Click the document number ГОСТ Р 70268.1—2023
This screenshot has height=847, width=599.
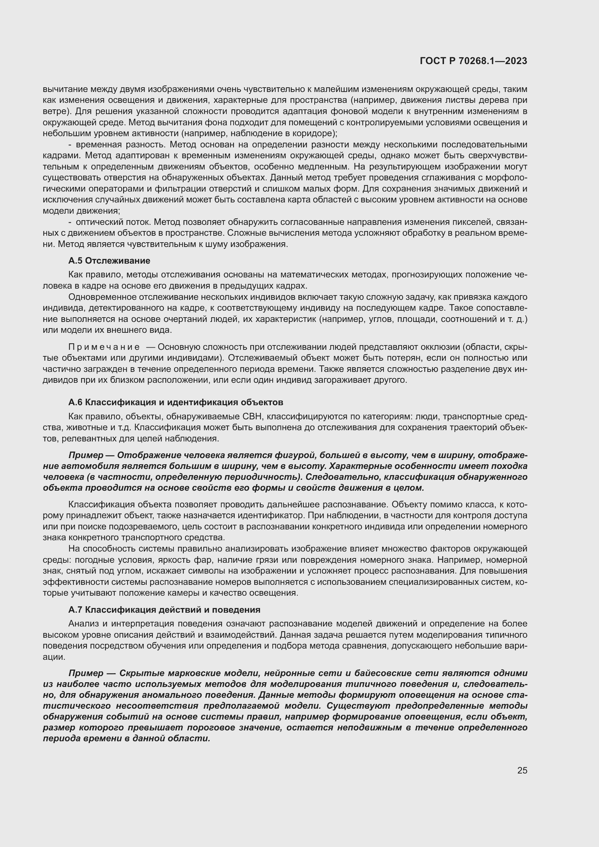[473, 61]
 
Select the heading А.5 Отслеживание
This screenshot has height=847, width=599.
[109, 261]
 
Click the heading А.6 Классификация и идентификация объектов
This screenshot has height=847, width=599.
[176, 402]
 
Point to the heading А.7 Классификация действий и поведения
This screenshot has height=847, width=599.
[164, 610]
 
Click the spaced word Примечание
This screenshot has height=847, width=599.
[104, 347]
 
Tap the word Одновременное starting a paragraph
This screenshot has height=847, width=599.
[97, 297]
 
